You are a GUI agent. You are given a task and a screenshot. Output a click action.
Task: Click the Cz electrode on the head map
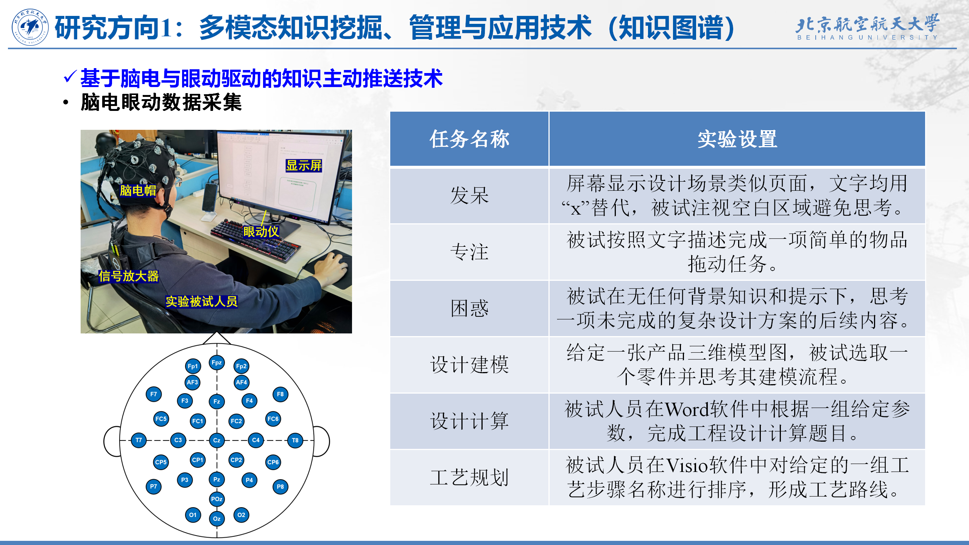click(217, 440)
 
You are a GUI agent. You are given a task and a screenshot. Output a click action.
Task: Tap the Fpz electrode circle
click(217, 363)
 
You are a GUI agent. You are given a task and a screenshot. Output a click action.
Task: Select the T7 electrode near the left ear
click(139, 440)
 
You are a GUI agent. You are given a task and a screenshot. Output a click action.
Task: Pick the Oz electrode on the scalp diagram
click(217, 519)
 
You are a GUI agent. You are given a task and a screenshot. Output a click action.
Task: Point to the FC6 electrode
click(273, 419)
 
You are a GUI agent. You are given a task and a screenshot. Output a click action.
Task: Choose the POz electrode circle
click(217, 499)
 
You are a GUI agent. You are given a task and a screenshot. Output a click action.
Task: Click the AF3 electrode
click(192, 382)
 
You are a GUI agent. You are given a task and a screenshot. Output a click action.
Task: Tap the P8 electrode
click(280, 487)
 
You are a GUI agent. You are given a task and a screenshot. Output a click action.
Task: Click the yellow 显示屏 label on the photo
click(304, 165)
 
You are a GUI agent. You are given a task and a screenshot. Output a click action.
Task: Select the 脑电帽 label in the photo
click(138, 190)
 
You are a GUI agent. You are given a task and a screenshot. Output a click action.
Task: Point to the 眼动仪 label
click(261, 232)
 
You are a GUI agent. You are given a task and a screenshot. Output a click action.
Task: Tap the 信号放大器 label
click(129, 276)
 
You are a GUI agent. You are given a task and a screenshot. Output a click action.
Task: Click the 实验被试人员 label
click(201, 301)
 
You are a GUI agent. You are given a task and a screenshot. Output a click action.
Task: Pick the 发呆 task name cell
click(469, 196)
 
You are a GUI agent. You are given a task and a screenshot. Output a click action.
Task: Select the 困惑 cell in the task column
click(469, 308)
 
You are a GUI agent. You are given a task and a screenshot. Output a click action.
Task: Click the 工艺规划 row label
click(469, 477)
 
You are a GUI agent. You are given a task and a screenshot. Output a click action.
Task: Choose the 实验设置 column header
click(737, 139)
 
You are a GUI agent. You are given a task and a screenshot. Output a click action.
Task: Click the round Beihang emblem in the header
click(30, 27)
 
